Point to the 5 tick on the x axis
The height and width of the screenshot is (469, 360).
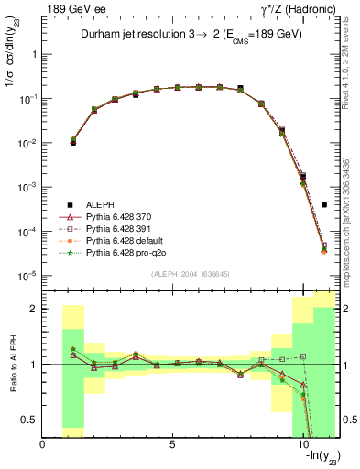coord(172,445)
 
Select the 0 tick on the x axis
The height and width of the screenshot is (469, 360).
coord(42,445)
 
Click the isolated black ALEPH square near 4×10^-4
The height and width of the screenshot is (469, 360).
coord(324,205)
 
